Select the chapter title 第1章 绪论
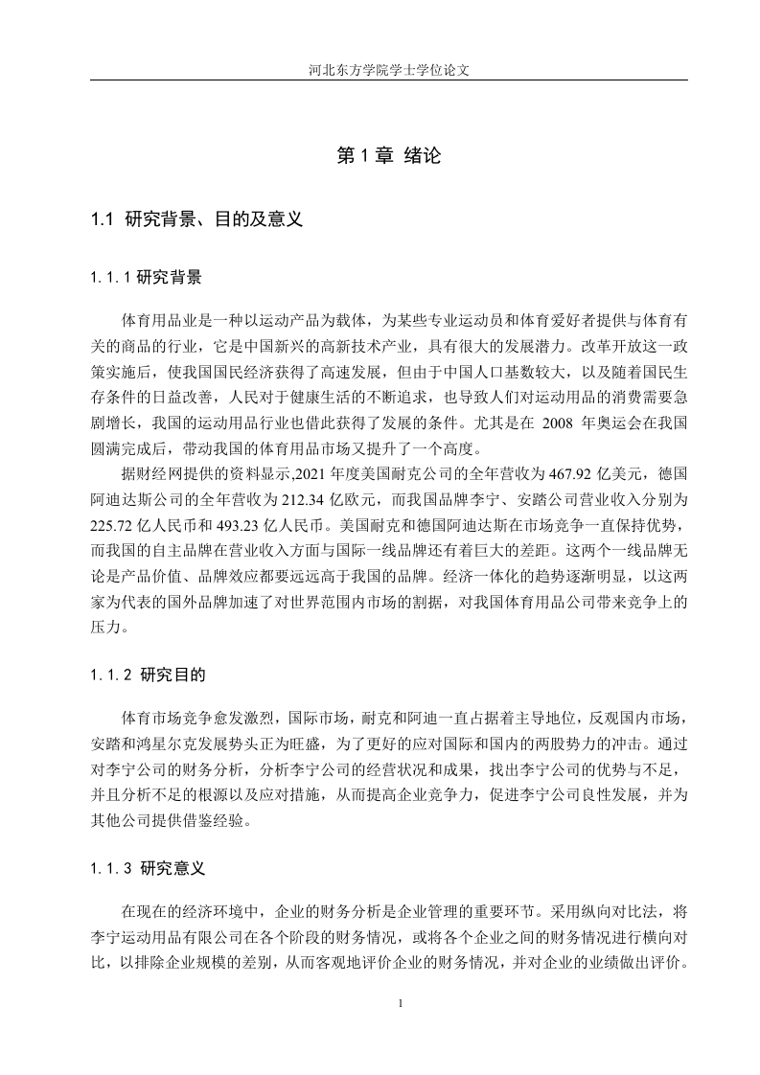[x=389, y=156]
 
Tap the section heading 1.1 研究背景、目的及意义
[x=197, y=219]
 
